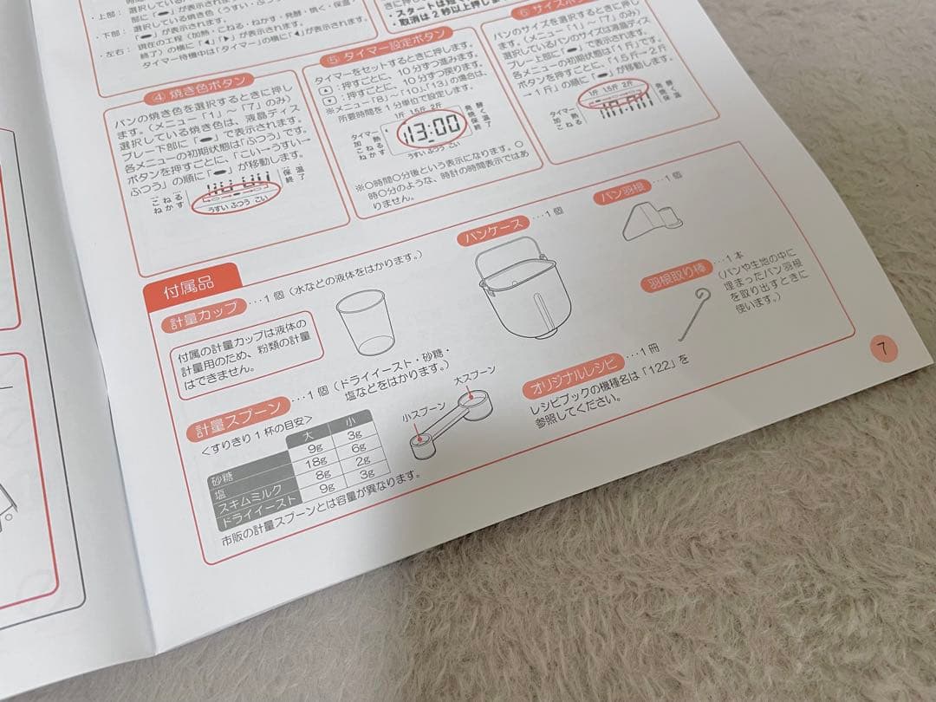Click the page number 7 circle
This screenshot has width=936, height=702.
[x=883, y=349]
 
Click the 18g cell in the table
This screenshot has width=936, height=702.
[x=310, y=462]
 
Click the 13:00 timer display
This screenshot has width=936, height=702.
[x=429, y=130]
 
